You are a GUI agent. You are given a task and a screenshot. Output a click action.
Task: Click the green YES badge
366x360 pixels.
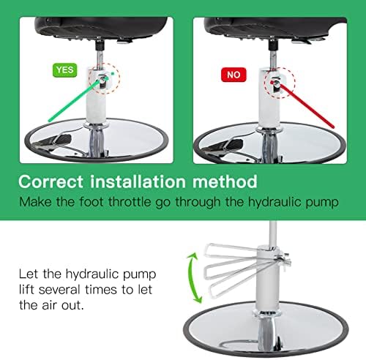click(x=65, y=70)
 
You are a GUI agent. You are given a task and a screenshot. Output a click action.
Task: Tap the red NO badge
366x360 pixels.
click(x=234, y=75)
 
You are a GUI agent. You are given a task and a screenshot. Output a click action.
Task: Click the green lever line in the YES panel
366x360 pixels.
click(x=75, y=100)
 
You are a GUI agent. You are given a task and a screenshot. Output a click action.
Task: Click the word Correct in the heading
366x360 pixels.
click(x=51, y=181)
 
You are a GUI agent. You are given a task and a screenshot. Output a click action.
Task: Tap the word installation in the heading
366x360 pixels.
click(x=138, y=181)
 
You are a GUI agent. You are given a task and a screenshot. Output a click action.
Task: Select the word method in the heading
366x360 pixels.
click(x=225, y=181)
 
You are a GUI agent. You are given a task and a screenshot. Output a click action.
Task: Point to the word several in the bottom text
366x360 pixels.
click(x=59, y=290)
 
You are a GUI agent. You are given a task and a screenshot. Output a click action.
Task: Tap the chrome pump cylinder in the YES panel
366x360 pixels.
click(x=97, y=97)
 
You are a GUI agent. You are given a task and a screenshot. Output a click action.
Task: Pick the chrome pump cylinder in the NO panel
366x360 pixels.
click(x=269, y=98)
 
